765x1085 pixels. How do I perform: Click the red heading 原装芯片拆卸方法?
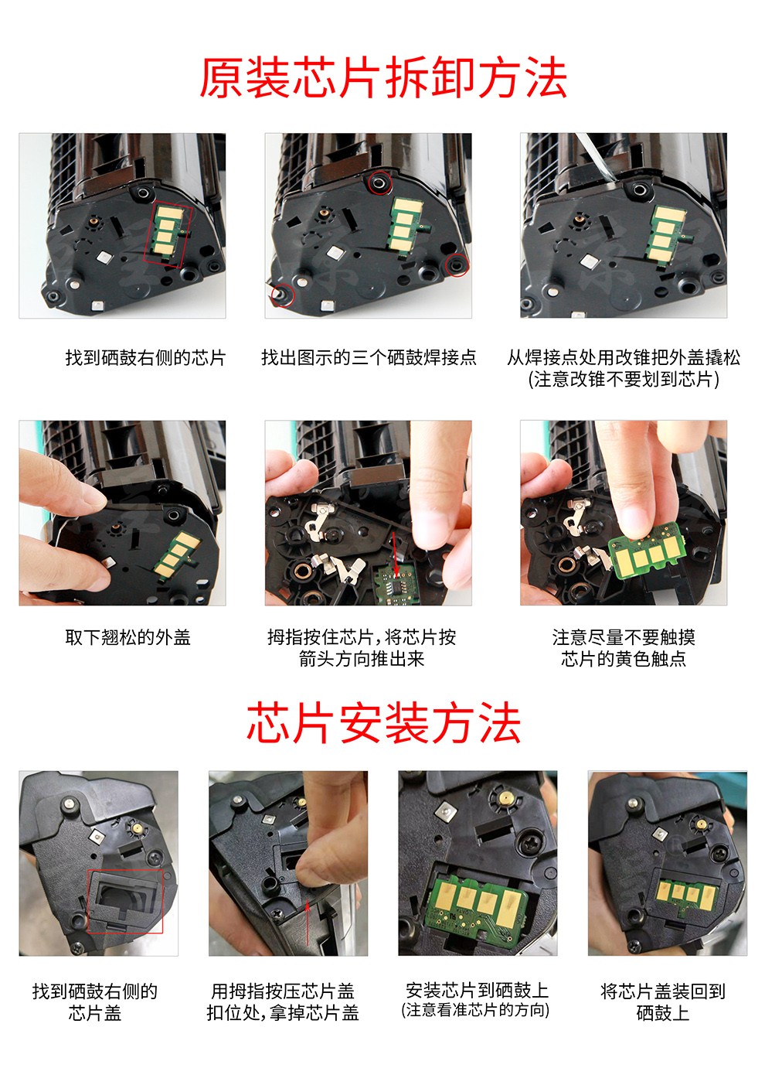point(382,77)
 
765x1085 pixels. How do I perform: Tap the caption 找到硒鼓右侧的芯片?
point(145,357)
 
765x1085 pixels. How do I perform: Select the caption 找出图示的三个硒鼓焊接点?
point(369,357)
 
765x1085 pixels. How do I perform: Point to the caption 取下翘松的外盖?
point(127,637)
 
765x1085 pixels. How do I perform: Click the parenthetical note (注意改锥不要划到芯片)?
point(624,379)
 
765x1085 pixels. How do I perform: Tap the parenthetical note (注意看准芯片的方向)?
point(475,1010)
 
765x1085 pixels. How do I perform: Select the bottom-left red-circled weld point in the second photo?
point(283,295)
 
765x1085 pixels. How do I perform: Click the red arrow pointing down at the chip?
point(396,554)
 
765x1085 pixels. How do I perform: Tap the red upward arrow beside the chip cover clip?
point(308,922)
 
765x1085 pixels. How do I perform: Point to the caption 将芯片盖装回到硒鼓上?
point(662,1001)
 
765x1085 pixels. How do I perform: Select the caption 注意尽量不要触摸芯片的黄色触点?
point(624,647)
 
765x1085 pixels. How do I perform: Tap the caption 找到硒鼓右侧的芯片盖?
point(95,1001)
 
